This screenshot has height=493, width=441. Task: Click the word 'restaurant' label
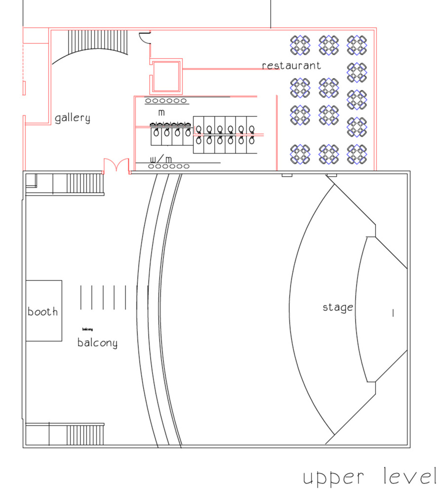(x=291, y=66)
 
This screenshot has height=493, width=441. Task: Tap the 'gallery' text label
(x=72, y=118)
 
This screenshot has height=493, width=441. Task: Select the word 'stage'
(x=338, y=307)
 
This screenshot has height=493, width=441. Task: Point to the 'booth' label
(x=43, y=311)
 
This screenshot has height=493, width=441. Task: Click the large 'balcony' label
(x=97, y=342)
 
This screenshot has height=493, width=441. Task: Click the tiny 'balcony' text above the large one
(x=87, y=329)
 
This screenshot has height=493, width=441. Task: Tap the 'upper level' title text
(x=369, y=477)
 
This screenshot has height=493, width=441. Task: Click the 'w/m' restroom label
(x=160, y=159)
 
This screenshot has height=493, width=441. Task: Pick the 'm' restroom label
(x=161, y=112)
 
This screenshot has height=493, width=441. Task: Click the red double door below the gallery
(x=117, y=165)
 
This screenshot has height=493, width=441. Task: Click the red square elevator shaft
(x=166, y=76)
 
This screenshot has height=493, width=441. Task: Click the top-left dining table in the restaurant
(x=300, y=45)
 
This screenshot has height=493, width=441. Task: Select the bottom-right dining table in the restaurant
(x=357, y=154)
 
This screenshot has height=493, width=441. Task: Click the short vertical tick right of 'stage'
(x=393, y=313)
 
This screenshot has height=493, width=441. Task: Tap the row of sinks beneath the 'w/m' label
(x=169, y=166)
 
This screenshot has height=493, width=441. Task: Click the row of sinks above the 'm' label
(x=166, y=101)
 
